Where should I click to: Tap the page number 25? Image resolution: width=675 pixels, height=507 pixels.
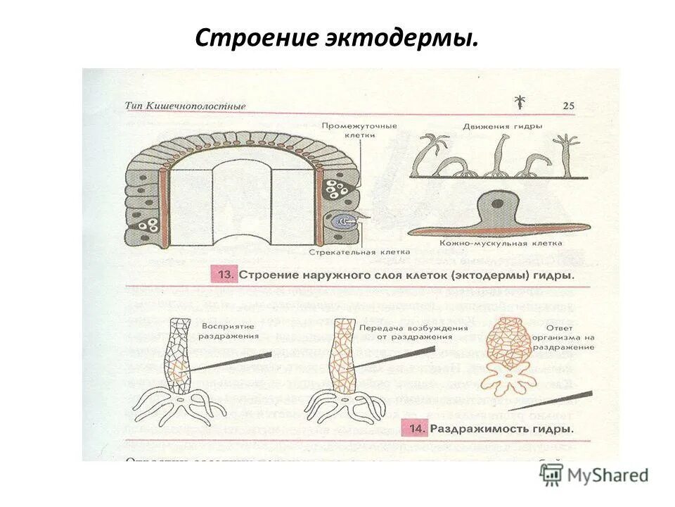click(568, 106)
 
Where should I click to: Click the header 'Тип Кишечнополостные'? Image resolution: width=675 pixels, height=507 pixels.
click(186, 106)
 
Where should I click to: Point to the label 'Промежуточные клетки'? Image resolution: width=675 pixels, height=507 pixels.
click(359, 131)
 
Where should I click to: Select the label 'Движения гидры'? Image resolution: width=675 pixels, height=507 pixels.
click(502, 127)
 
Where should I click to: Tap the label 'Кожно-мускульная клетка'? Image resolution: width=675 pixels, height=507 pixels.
click(501, 243)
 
